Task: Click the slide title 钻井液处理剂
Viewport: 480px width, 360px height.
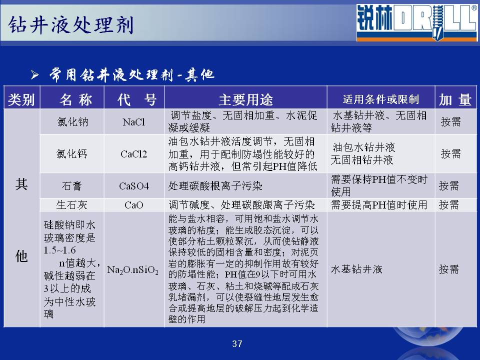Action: coord(70,24)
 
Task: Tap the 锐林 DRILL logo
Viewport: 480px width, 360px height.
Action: coord(417,22)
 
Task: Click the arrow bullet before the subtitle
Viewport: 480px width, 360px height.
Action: coord(34,74)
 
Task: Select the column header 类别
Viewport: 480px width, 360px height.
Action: coord(21,100)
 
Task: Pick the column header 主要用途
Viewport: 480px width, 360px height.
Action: coord(245,100)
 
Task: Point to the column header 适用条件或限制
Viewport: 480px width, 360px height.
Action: coord(381,99)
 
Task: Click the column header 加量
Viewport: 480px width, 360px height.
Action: coord(455,100)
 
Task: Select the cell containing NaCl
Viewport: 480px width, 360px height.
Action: coord(134,122)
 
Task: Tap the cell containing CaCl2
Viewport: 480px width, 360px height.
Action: coord(134,154)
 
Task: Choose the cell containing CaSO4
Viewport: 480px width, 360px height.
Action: coord(134,186)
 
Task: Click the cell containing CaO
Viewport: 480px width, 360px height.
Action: coord(134,205)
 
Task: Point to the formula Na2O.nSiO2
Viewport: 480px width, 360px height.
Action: coord(133,270)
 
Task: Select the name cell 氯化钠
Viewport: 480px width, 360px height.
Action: coord(72,122)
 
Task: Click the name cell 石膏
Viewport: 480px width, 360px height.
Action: coord(72,186)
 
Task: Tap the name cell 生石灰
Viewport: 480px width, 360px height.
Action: coord(72,205)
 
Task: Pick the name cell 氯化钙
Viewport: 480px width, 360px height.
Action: coord(72,153)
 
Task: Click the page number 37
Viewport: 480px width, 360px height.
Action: coord(237,344)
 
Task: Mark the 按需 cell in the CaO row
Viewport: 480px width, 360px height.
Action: coord(449,205)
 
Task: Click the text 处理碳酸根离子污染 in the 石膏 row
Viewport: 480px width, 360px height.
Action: coord(215,186)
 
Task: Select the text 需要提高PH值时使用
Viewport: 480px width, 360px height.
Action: coord(379,205)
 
